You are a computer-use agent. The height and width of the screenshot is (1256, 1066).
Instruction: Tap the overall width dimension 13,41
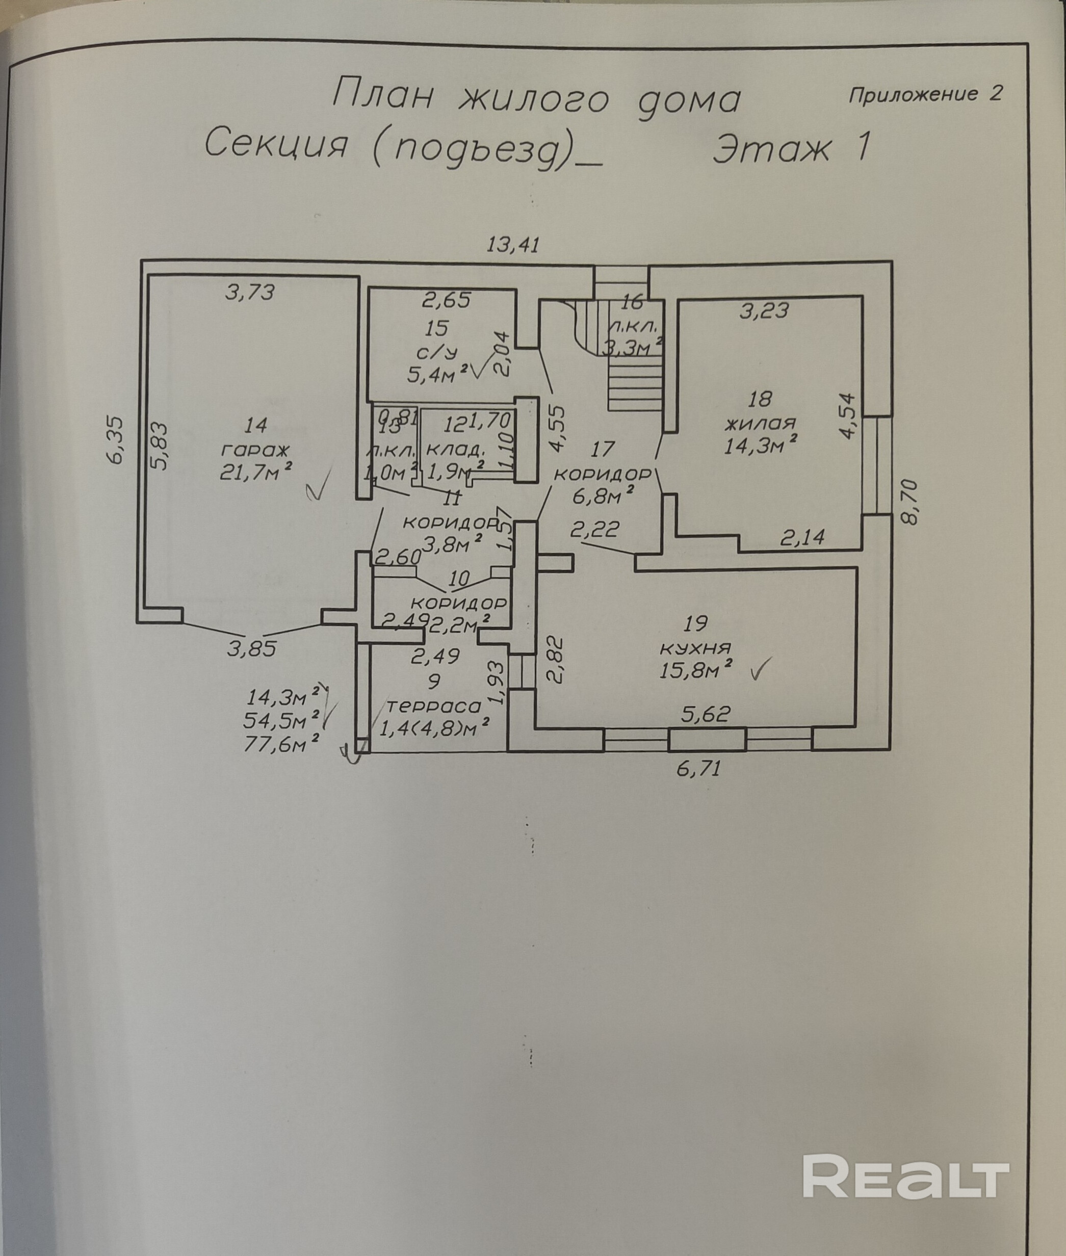point(513,245)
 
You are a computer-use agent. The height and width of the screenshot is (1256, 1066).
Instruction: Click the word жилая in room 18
point(760,422)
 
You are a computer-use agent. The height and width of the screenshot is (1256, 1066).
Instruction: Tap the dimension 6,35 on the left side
point(117,439)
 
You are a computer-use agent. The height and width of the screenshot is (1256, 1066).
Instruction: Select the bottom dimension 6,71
point(699,770)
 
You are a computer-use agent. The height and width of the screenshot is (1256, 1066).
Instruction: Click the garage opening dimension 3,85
point(252,649)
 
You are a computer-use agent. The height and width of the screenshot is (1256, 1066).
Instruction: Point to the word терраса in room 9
point(434,705)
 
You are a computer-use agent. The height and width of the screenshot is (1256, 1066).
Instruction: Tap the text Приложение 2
point(925,94)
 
